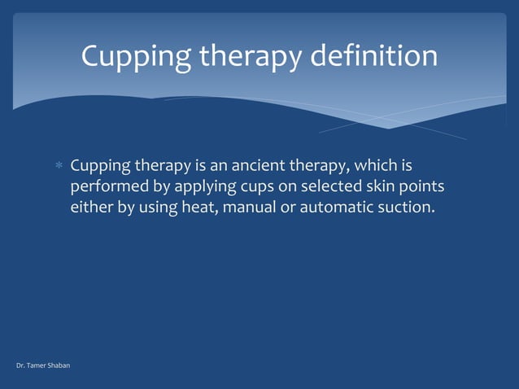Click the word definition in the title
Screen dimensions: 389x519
pyautogui.click(x=377, y=56)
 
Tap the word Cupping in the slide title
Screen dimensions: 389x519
pyautogui.click(x=135, y=57)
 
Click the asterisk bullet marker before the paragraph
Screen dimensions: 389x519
pyautogui.click(x=59, y=167)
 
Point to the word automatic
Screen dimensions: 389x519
pyautogui.click(x=337, y=208)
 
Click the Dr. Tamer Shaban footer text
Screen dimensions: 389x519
pyautogui.click(x=43, y=365)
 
